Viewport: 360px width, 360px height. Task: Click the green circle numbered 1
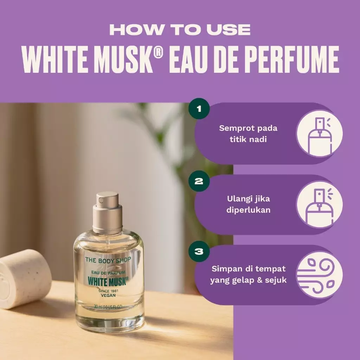click(x=199, y=108)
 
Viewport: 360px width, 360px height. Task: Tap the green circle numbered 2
click(x=199, y=181)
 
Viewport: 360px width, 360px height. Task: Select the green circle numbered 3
click(x=199, y=251)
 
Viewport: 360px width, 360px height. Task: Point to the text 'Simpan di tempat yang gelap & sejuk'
click(x=248, y=275)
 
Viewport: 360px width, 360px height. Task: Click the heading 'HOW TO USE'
click(x=180, y=30)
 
